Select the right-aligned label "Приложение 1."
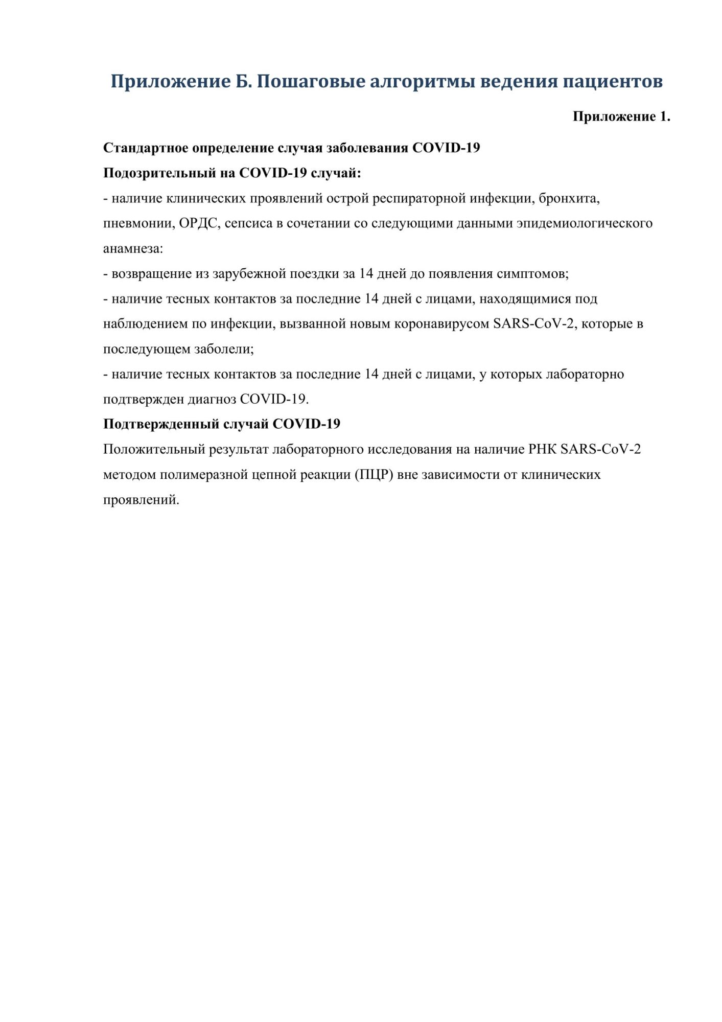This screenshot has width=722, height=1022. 621,117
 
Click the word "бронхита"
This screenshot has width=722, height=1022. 568,198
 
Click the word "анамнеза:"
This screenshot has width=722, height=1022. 133,249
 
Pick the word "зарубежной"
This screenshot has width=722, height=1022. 249,274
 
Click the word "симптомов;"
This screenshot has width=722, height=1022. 532,274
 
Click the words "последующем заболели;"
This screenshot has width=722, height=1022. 178,349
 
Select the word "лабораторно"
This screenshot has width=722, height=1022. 585,374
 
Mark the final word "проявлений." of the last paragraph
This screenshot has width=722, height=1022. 141,500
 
